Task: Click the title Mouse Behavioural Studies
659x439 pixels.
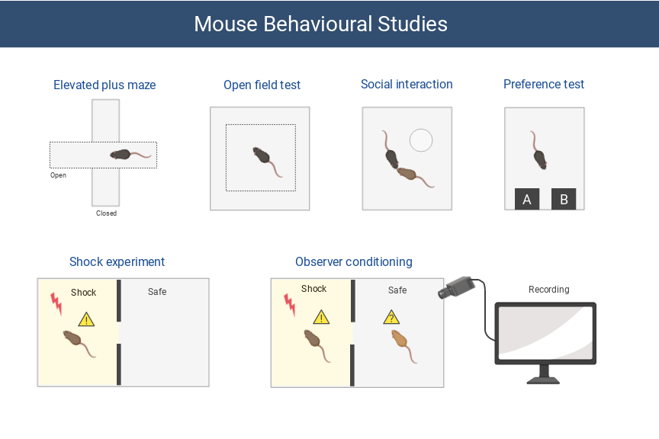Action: pyautogui.click(x=320, y=24)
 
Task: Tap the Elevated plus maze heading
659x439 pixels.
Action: pyautogui.click(x=104, y=85)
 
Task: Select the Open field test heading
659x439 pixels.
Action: pyautogui.click(x=262, y=85)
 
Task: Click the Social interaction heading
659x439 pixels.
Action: pyautogui.click(x=407, y=85)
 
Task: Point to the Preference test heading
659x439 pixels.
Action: pyautogui.click(x=544, y=85)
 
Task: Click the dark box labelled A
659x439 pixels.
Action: pyautogui.click(x=527, y=200)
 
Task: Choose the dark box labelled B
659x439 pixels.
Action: pyautogui.click(x=564, y=200)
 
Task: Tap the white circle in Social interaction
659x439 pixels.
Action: pyautogui.click(x=421, y=140)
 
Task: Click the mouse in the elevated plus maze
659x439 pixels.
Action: pyautogui.click(x=122, y=154)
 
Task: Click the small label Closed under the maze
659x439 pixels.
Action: pyautogui.click(x=106, y=213)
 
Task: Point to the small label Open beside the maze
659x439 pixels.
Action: pyautogui.click(x=58, y=175)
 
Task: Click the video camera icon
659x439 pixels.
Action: pyautogui.click(x=455, y=287)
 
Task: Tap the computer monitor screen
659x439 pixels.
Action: pyautogui.click(x=545, y=334)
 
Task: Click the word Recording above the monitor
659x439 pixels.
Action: pyautogui.click(x=548, y=290)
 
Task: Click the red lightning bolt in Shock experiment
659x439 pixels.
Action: pyautogui.click(x=56, y=303)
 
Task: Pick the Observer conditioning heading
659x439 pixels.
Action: pyautogui.click(x=354, y=262)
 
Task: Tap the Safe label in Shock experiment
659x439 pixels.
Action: pyautogui.click(x=157, y=292)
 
